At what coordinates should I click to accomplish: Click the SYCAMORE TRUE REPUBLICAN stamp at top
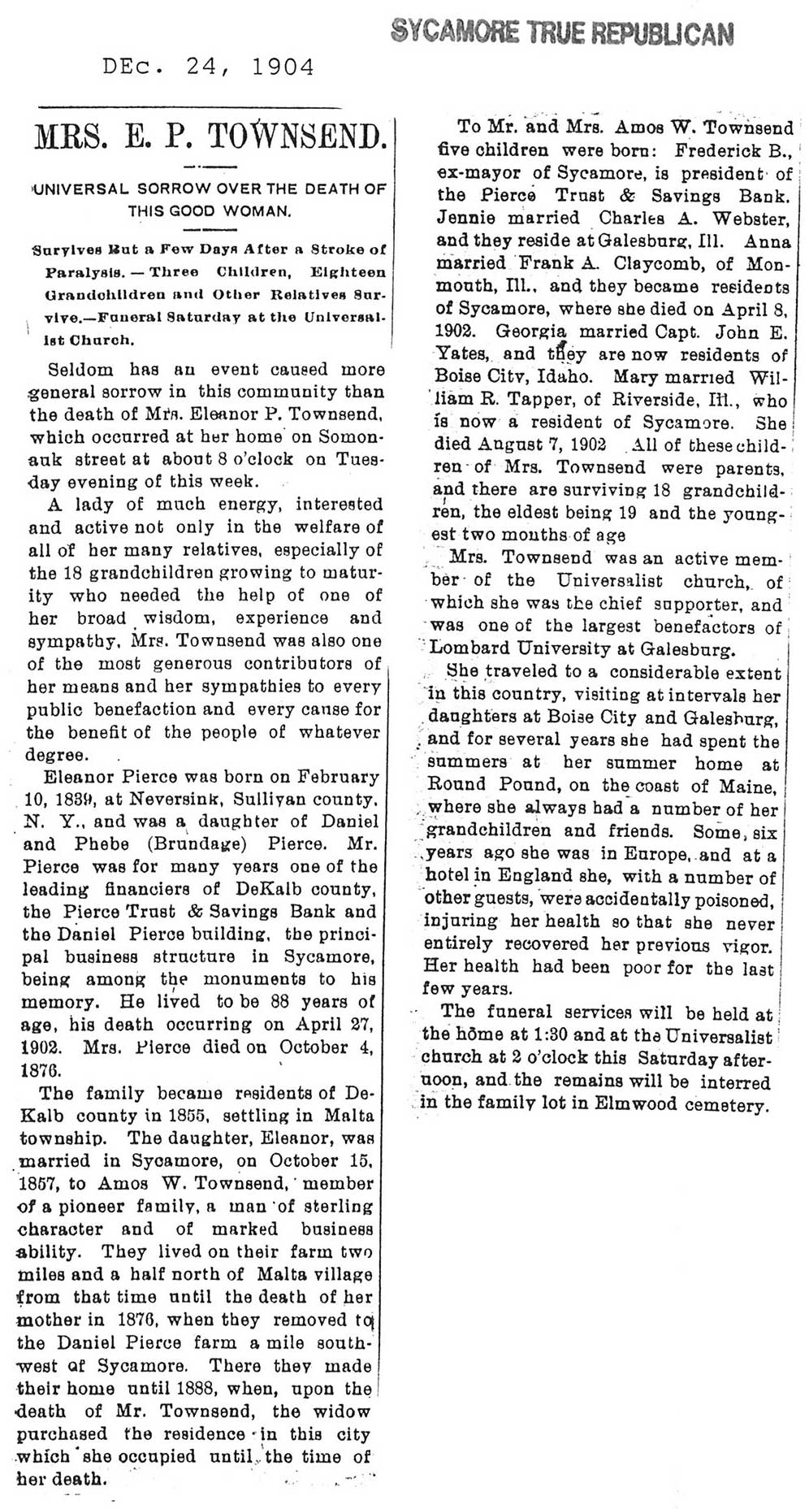click(x=562, y=32)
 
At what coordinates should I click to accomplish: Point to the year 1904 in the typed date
click(x=283, y=67)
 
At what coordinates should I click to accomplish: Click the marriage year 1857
click(x=38, y=1184)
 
